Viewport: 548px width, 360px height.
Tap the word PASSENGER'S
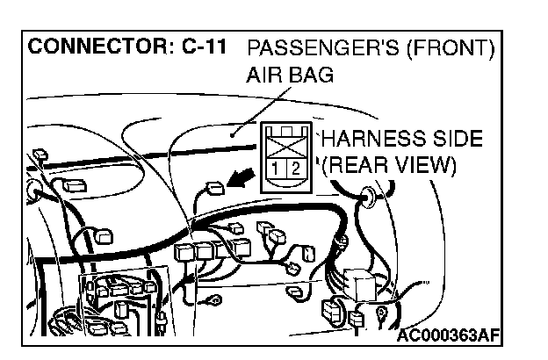point(315,48)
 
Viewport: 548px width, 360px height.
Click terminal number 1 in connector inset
point(277,166)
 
